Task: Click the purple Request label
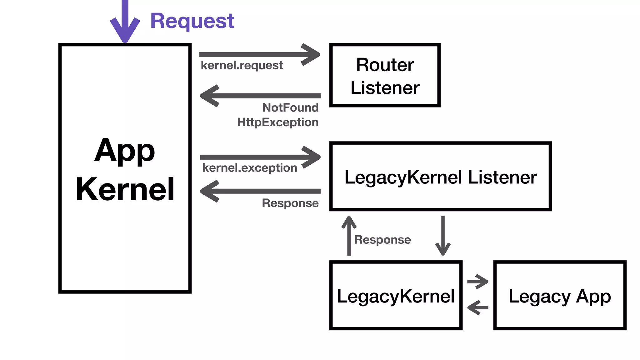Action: (x=192, y=21)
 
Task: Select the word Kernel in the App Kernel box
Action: (x=125, y=189)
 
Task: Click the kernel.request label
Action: (x=242, y=66)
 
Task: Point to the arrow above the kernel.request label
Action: (x=259, y=55)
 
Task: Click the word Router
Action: (x=385, y=65)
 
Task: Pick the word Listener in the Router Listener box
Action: (x=385, y=88)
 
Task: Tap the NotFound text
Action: (x=290, y=108)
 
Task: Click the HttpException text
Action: (x=277, y=122)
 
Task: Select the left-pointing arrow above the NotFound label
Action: (x=259, y=96)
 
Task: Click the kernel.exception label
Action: (x=249, y=168)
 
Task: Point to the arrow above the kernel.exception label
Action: (x=259, y=157)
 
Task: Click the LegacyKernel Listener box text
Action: (x=440, y=177)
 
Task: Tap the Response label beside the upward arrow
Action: (x=382, y=240)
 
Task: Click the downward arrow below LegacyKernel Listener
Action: (x=443, y=236)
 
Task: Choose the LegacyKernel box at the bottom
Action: (x=396, y=296)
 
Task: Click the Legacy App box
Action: (x=559, y=296)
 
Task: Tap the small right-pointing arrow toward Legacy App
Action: (x=477, y=282)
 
